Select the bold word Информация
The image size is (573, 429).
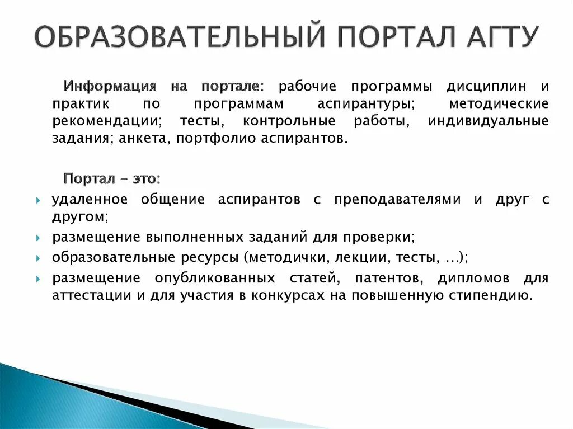click(x=109, y=87)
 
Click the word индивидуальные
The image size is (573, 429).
click(x=488, y=121)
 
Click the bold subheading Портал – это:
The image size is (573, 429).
click(x=112, y=179)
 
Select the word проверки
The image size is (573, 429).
click(x=386, y=237)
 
